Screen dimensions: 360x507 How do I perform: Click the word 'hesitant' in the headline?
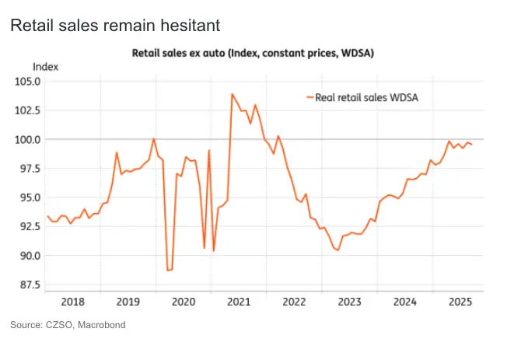tap(189, 26)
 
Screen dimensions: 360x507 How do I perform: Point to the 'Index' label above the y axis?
tap(45, 67)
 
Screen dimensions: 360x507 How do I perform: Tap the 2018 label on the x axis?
tap(72, 300)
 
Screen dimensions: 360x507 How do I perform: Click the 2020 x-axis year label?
tap(183, 300)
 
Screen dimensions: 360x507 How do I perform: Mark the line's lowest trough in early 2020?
tap(168, 270)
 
